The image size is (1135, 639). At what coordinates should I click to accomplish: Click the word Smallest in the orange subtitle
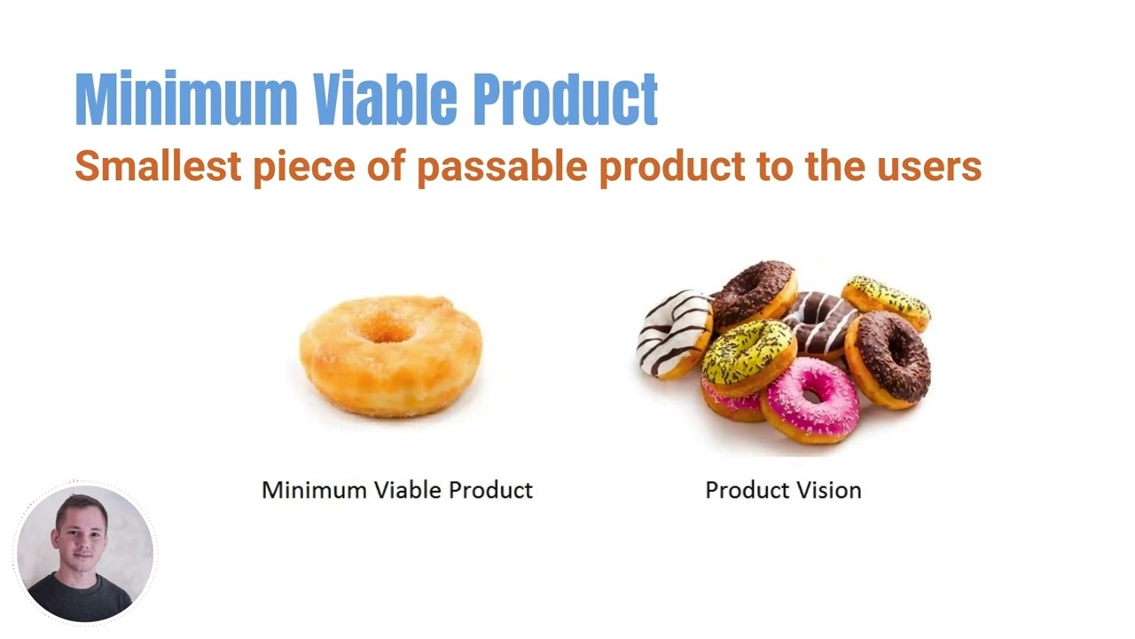coord(157,166)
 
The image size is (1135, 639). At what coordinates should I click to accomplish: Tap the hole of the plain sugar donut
coord(387,332)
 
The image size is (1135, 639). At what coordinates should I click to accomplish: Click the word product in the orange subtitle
coord(671,166)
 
